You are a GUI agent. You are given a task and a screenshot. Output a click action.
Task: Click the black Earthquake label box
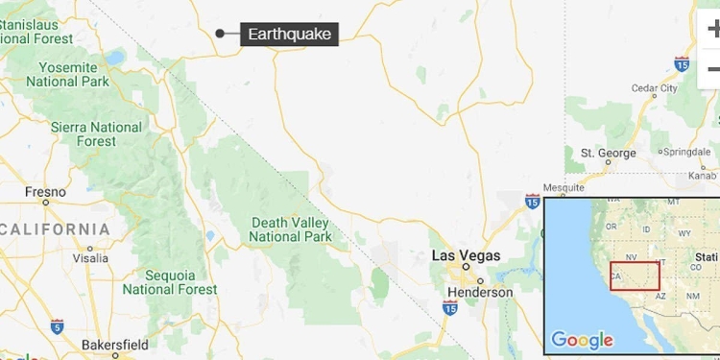pos(289,35)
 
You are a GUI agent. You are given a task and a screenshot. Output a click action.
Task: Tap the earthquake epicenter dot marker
pos(220,34)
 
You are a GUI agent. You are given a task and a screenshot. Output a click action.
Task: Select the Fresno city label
pos(44,191)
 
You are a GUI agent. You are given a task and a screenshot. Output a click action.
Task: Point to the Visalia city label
pos(90,258)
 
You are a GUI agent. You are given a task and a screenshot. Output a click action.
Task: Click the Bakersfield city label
pos(114,344)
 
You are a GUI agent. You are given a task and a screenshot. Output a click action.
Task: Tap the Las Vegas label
pos(466,256)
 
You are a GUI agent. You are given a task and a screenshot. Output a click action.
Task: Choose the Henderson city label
pos(480,292)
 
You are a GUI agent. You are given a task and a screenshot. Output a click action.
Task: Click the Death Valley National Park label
pos(291,229)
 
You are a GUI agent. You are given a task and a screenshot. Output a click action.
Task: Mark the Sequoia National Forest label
pos(169,281)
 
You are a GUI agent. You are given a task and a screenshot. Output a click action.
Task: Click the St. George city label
pos(609,154)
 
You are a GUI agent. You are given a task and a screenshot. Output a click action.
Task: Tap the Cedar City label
pos(655,88)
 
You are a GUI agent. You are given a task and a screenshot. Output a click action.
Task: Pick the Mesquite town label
pos(564,187)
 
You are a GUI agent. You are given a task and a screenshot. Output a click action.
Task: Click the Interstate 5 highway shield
pos(58,326)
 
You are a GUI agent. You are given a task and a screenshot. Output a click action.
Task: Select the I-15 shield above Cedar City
pos(682,64)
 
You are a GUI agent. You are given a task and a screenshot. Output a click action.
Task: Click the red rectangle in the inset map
pos(635,276)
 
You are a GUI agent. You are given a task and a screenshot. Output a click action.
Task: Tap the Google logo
pos(582,340)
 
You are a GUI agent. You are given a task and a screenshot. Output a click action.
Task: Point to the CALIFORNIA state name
pos(57,229)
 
